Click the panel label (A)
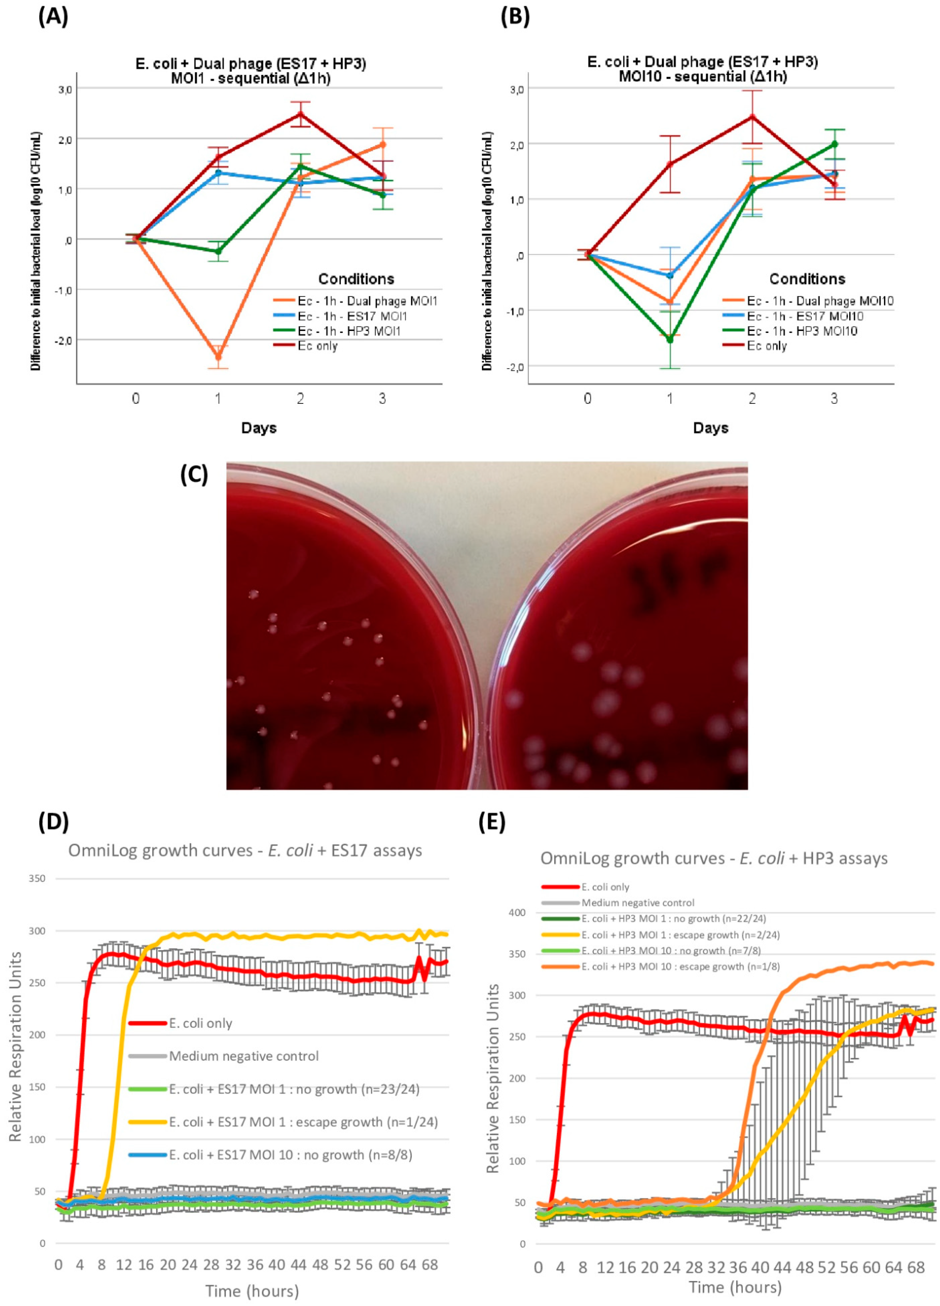(x=53, y=17)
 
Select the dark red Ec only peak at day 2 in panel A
(x=300, y=114)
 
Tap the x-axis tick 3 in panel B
(x=834, y=398)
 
